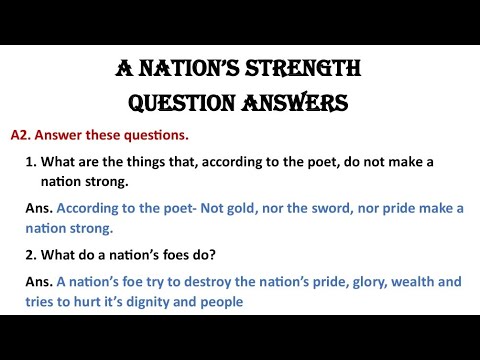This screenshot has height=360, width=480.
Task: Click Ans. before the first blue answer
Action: pyautogui.click(x=39, y=208)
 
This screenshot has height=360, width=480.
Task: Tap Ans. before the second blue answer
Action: pyautogui.click(x=39, y=282)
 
